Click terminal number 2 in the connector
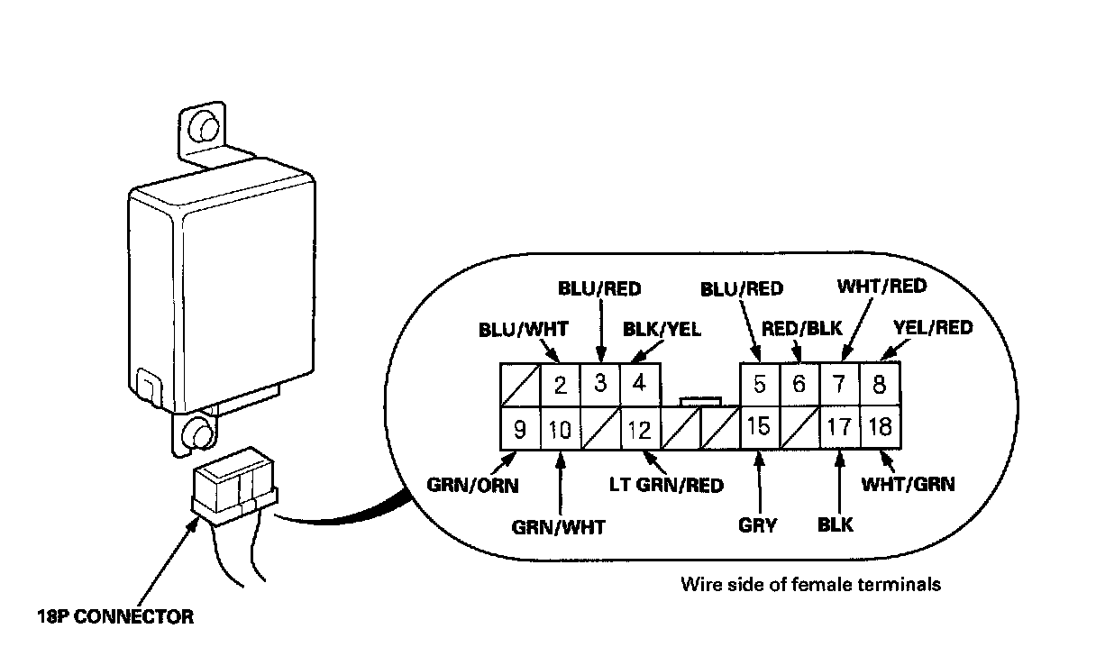pyautogui.click(x=560, y=387)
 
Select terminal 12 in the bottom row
pyautogui.click(x=639, y=429)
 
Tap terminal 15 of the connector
pyautogui.click(x=759, y=427)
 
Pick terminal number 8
pyautogui.click(x=879, y=386)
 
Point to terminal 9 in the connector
pyautogui.click(x=519, y=429)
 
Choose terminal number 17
pyautogui.click(x=839, y=427)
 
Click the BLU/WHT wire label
pyautogui.click(x=523, y=329)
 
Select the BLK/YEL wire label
pyautogui.click(x=662, y=329)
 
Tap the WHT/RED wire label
pyautogui.click(x=881, y=287)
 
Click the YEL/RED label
pyautogui.click(x=932, y=328)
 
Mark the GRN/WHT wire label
pyautogui.click(x=558, y=527)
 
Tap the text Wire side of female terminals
pyautogui.click(x=810, y=584)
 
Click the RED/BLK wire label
pyautogui.click(x=800, y=328)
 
